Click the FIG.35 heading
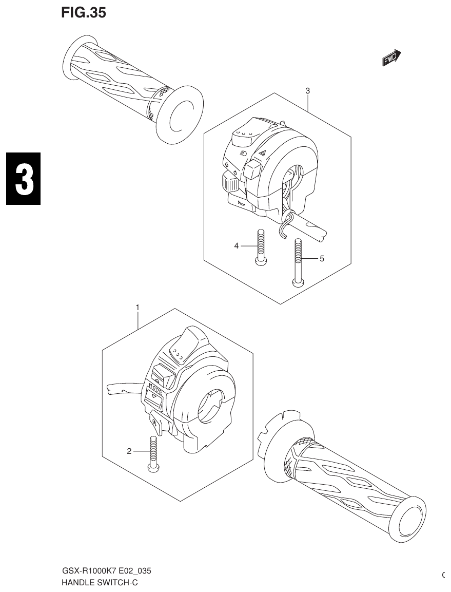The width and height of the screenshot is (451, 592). coord(84,13)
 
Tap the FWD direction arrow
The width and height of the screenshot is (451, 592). coord(392,59)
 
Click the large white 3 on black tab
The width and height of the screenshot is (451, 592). coord(23,179)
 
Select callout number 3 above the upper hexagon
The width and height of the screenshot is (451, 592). coord(307,91)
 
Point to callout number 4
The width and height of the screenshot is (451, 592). coord(237,246)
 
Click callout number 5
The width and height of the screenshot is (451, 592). coord(322,258)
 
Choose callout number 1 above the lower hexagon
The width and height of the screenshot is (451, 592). coord(138,307)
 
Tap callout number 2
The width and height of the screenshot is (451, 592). coord(129,451)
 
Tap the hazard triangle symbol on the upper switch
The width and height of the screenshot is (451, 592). coord(261,152)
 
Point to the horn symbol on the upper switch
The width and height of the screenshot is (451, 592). coord(241,204)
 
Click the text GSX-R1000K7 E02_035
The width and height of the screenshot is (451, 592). coord(106,571)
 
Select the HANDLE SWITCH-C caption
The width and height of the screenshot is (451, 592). coord(100,582)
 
